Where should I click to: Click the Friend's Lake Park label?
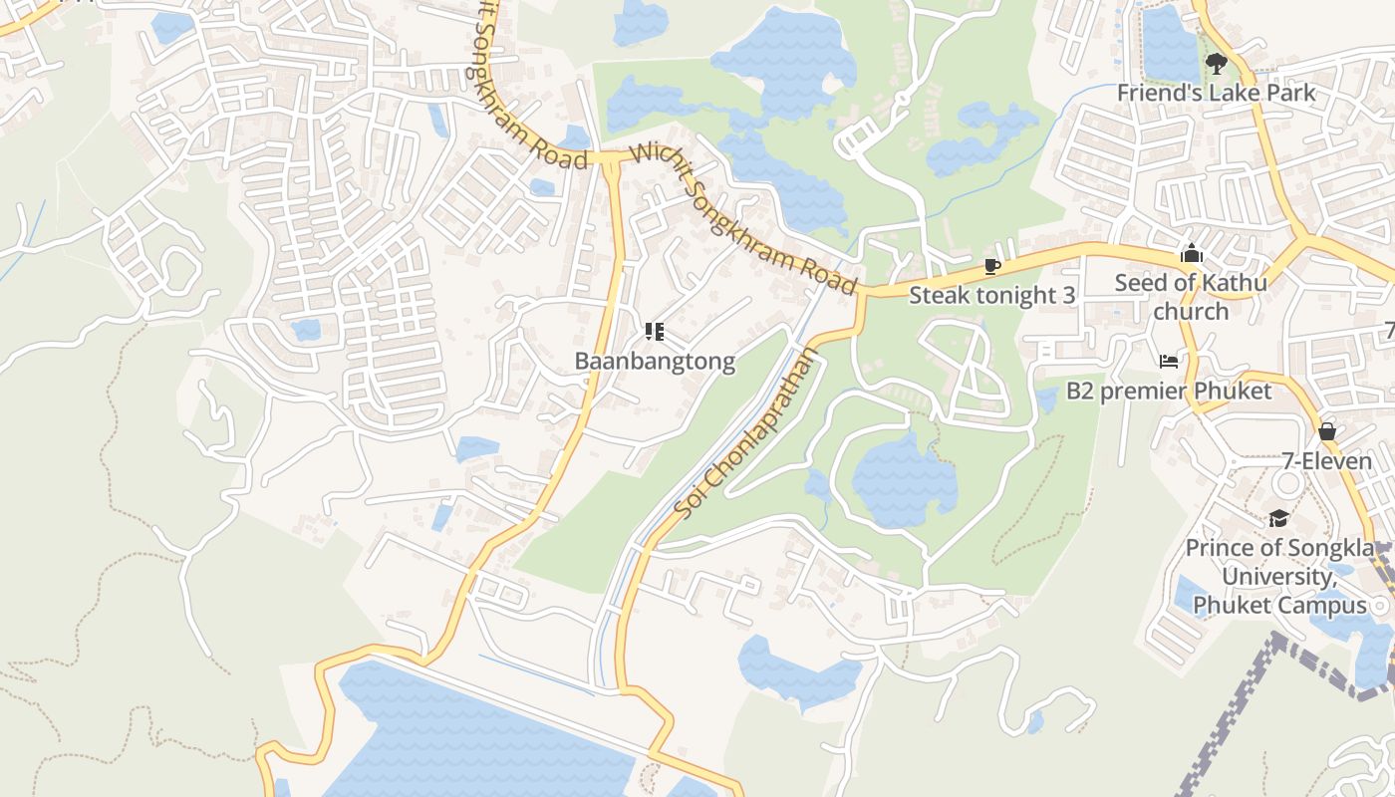click(1216, 93)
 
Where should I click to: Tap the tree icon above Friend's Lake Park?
click(1215, 65)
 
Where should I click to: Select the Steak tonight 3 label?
click(991, 295)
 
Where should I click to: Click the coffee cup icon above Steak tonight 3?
click(991, 266)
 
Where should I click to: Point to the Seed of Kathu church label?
click(1191, 296)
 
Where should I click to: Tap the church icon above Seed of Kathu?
click(1191, 254)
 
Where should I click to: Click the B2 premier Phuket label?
click(1169, 391)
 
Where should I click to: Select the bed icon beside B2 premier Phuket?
click(1169, 361)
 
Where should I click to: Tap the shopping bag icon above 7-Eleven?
click(1327, 431)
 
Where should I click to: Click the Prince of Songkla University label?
click(1279, 576)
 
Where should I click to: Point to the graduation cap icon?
click(1278, 518)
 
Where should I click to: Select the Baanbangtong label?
click(655, 361)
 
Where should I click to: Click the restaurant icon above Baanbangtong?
click(655, 331)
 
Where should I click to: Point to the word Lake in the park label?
click(1233, 93)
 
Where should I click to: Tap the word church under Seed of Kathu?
click(1191, 312)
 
